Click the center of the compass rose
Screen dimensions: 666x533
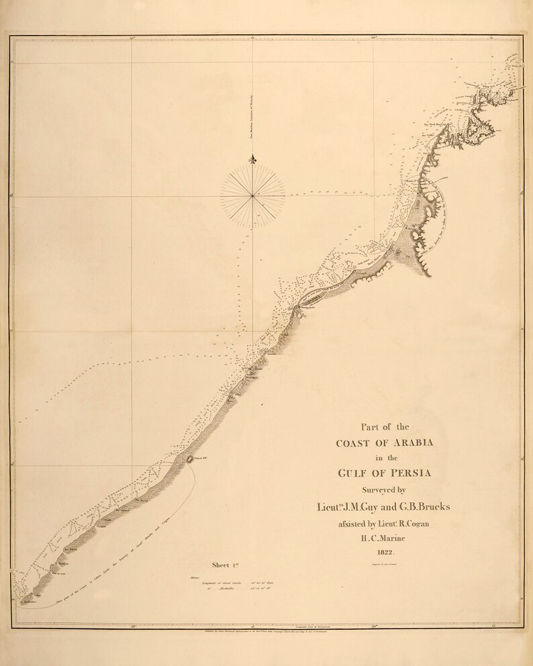tap(252, 195)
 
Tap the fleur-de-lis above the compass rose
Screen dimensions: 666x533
tap(252, 160)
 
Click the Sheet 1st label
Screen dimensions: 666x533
tap(226, 565)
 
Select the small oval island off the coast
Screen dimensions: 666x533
tap(189, 459)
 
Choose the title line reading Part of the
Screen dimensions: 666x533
tap(385, 426)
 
